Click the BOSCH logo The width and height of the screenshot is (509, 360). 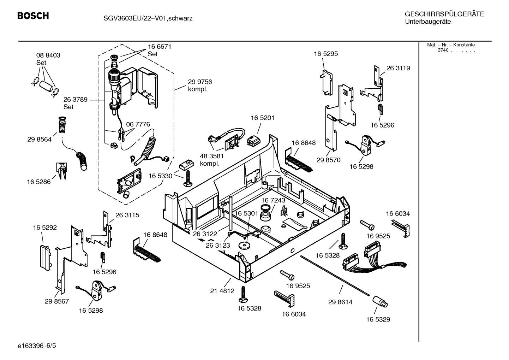tap(33, 16)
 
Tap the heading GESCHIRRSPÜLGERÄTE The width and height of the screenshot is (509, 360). tap(444, 14)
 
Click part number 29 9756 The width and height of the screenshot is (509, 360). tap(200, 82)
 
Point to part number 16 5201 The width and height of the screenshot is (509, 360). tap(262, 118)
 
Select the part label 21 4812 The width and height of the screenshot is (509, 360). tap(222, 291)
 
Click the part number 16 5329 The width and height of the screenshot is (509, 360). tap(378, 319)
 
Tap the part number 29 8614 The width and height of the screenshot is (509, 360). tap(340, 302)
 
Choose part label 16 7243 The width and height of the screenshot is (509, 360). tap(273, 200)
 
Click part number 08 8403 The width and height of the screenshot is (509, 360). tap(48, 55)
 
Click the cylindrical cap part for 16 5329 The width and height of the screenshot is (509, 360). tap(380, 302)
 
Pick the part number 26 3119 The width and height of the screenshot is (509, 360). tap(398, 68)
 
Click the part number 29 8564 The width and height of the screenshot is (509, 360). tap(39, 139)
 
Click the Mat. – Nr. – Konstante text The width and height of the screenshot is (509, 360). tap(451, 45)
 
